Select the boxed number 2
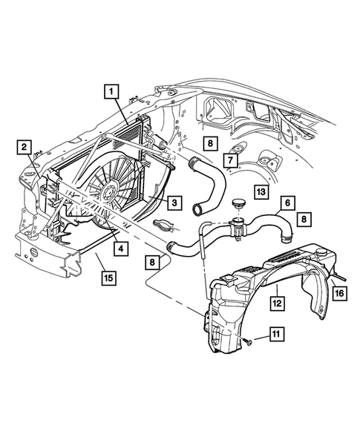pos(25,146)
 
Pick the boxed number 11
pos(274,335)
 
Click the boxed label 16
pos(338,294)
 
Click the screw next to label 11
pos(248,343)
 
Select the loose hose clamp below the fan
pos(165,226)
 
